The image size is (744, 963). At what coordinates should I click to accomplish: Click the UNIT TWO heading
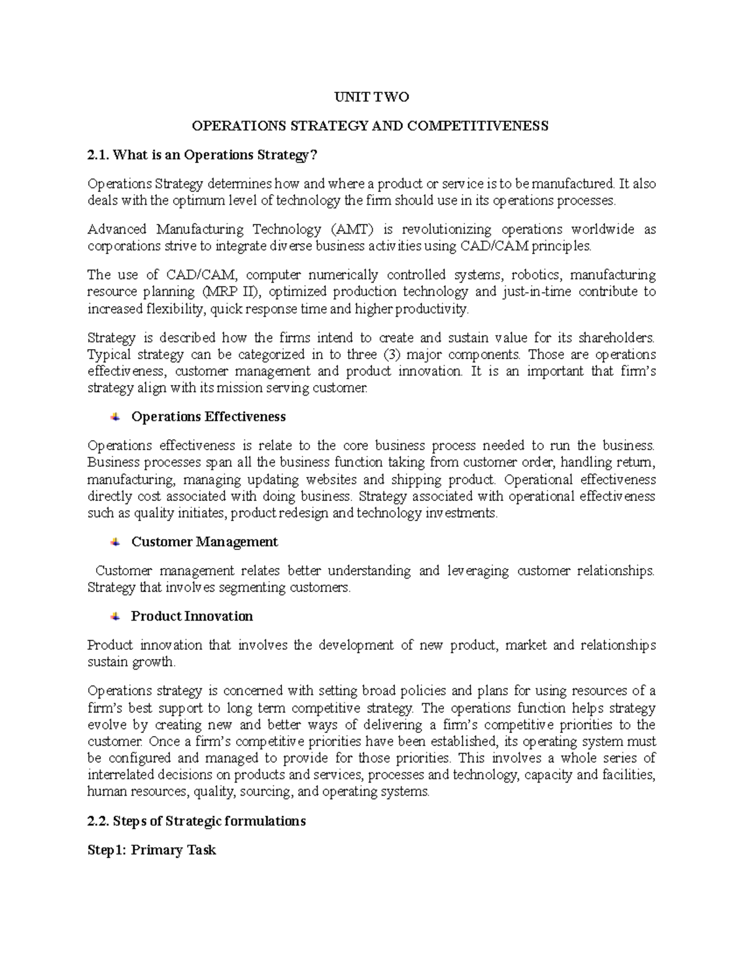pyautogui.click(x=371, y=97)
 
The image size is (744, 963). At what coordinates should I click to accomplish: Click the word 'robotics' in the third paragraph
pyautogui.click(x=536, y=275)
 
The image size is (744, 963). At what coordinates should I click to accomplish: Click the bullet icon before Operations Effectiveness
pyautogui.click(x=115, y=417)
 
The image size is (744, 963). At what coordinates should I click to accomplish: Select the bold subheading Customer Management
pyautogui.click(x=204, y=542)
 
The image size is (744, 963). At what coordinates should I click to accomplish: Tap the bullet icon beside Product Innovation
pyautogui.click(x=115, y=616)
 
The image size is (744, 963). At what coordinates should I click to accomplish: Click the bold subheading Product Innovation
pyautogui.click(x=192, y=616)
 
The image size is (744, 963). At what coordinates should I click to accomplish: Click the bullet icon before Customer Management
pyautogui.click(x=115, y=542)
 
